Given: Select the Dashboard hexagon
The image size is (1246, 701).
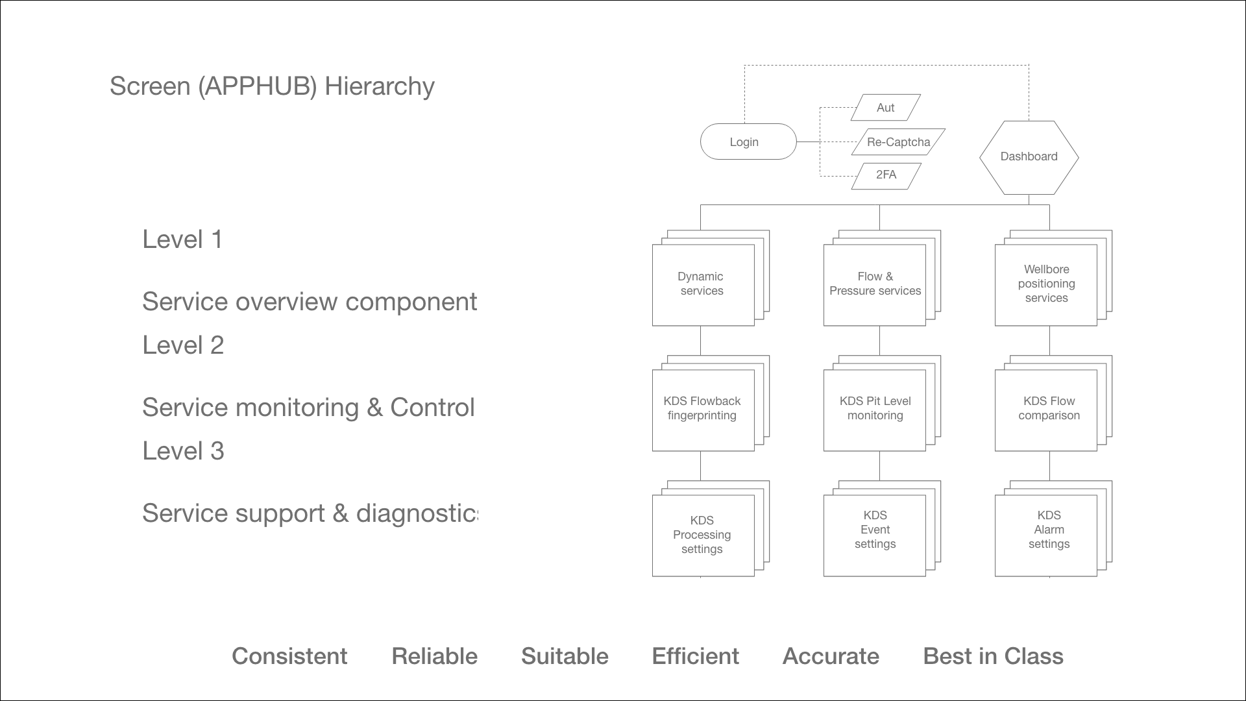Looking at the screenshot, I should [1029, 157].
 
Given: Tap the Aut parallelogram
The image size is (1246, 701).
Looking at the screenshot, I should [885, 108].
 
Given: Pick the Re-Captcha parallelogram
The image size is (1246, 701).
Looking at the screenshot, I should [898, 142].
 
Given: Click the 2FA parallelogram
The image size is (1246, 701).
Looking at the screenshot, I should [886, 175].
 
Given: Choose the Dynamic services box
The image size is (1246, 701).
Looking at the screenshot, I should [703, 284].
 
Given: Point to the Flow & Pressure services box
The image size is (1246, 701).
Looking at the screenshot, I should [874, 284].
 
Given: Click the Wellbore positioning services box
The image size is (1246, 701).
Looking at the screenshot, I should [1045, 284].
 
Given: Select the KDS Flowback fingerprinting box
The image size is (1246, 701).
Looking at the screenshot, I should [703, 410].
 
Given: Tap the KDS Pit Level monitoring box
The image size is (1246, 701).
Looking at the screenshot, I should [874, 410].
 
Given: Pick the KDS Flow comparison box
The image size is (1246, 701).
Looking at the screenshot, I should [1045, 410].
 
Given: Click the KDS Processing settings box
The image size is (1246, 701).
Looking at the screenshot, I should [703, 535].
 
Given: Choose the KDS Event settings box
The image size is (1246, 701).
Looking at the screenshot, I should [874, 535].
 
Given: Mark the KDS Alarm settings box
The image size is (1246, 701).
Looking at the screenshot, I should [1045, 535].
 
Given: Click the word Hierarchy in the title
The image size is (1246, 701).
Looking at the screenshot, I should [380, 86].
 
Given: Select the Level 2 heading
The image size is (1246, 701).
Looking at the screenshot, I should [183, 345].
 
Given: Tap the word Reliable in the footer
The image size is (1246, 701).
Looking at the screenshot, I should [434, 656].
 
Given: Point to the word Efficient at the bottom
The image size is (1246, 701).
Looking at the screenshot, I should [695, 656].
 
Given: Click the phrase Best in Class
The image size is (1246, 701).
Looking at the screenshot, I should [993, 656].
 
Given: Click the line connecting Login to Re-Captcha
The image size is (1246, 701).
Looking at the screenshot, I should [809, 141].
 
